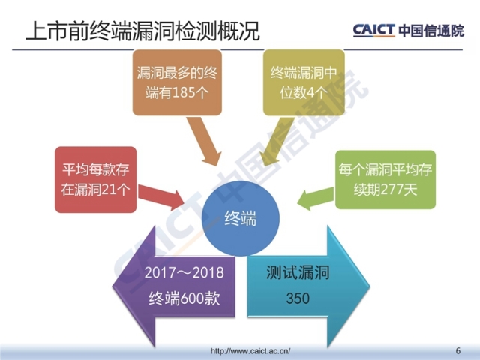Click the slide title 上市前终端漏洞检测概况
(x=142, y=31)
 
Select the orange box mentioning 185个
(x=177, y=82)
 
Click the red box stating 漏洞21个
(x=94, y=179)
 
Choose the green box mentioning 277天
(x=385, y=179)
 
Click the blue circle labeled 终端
(x=240, y=218)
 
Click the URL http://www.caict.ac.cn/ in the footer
(x=251, y=350)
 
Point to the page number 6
(x=457, y=350)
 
